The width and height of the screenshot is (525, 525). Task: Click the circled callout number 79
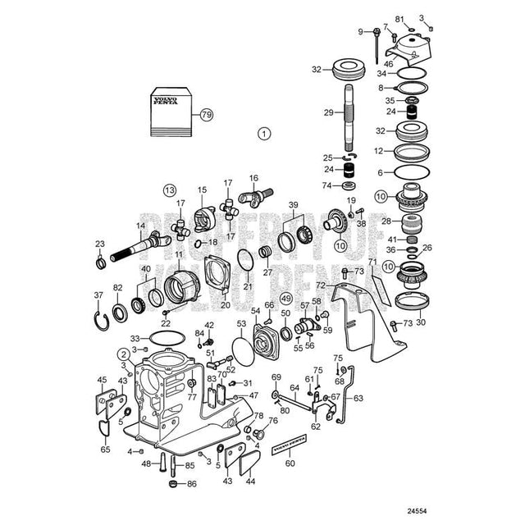[205, 115]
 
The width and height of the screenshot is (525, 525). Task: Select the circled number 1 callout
[263, 132]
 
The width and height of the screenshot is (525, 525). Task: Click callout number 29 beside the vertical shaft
[327, 112]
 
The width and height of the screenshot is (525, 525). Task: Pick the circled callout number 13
[168, 190]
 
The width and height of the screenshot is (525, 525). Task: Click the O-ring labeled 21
[244, 262]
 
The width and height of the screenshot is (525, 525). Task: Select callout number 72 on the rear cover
[322, 285]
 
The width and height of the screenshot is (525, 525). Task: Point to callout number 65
[105, 450]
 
